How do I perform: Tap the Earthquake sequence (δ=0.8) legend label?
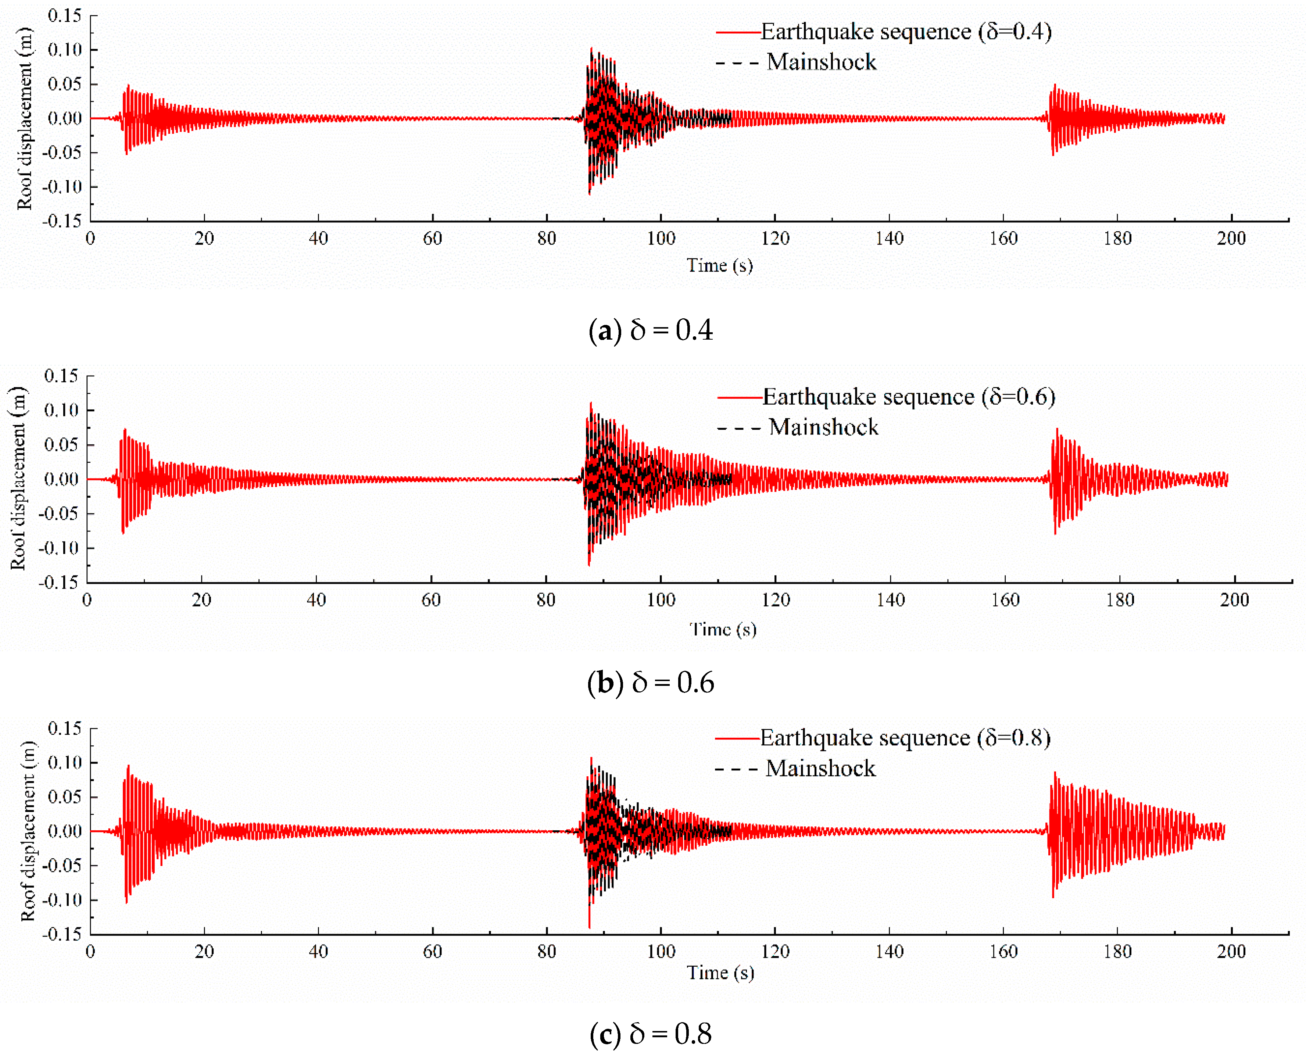(905, 737)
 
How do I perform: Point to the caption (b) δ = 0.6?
(651, 683)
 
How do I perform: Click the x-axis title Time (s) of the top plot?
(720, 265)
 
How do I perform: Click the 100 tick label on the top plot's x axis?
(661, 239)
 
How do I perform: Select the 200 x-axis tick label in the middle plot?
(1234, 600)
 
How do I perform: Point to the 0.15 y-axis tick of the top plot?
(64, 16)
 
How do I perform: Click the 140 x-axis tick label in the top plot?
(889, 239)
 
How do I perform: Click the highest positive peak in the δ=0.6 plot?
(591, 403)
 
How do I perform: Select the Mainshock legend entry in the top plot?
(821, 62)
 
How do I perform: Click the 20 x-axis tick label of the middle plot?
(201, 600)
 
